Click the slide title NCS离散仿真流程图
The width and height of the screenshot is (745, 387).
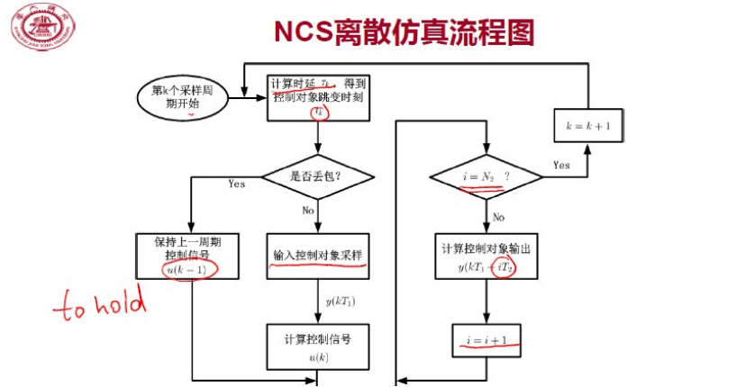point(404,31)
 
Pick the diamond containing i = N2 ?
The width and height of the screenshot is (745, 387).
point(486,177)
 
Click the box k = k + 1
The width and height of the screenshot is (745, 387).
point(588,127)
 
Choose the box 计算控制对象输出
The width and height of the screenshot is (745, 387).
point(486,256)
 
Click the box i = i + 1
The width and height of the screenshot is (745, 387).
point(486,340)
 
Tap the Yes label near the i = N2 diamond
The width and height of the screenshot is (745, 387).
point(561,165)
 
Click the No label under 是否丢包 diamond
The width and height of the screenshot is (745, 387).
point(307,210)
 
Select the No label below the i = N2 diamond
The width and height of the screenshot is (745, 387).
point(498,217)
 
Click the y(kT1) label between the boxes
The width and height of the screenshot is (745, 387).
point(341,300)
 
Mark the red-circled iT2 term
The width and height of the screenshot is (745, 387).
point(508,267)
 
